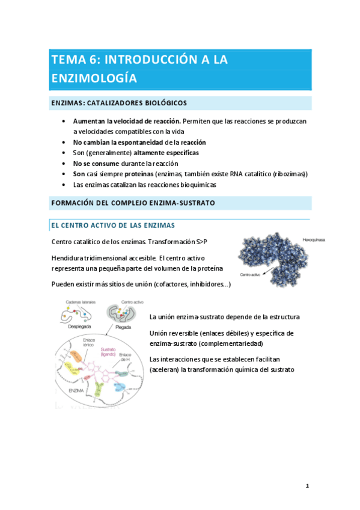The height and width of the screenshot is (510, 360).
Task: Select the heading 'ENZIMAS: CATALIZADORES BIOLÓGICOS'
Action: pyautogui.click(x=118, y=103)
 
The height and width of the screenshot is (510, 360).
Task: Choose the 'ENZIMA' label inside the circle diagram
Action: pyautogui.click(x=78, y=390)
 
